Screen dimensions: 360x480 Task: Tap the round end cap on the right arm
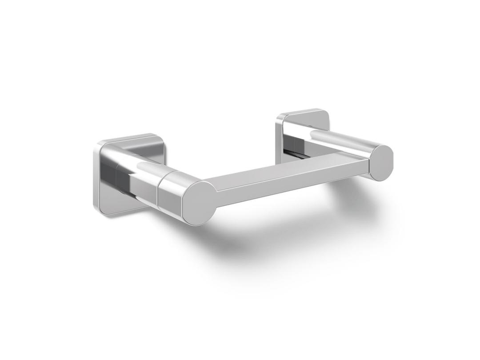coord(381,163)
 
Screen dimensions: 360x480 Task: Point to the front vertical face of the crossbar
coord(289,188)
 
